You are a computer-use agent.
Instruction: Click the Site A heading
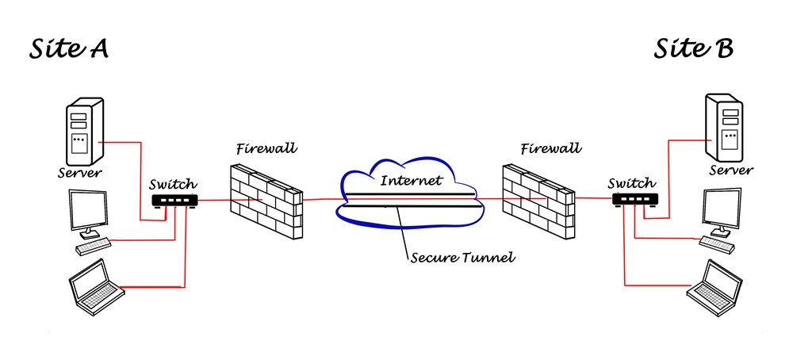pos(68,49)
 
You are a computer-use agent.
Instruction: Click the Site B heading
pos(692,49)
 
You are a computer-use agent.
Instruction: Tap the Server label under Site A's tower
pos(80,173)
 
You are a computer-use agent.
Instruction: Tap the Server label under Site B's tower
pos(730,170)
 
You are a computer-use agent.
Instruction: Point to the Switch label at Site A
pos(173,184)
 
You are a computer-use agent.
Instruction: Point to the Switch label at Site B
pos(631,183)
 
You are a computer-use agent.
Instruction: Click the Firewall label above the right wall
pos(550,148)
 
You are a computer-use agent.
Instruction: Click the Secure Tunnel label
pos(452,257)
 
